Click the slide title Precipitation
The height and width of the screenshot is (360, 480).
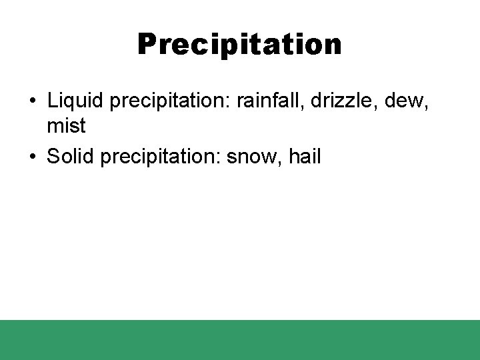[239, 45]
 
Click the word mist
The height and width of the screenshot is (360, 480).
[66, 125]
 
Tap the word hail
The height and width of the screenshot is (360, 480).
[304, 157]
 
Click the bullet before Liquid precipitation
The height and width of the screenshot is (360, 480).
[32, 101]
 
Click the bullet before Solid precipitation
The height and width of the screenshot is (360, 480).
[32, 157]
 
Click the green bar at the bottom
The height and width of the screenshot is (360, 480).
[240, 340]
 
